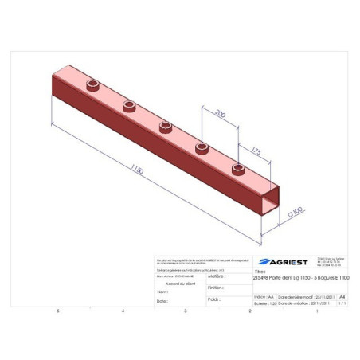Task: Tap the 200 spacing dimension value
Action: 221,115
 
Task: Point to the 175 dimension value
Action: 256,150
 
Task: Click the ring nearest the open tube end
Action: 237,168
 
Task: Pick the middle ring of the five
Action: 166,126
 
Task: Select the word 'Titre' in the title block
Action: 259,271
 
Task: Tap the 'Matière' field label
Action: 214,276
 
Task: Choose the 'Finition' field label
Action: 215,288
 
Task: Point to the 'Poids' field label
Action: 213,299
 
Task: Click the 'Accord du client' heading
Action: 179,283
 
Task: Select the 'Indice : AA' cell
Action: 260,295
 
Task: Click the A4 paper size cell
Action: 342,295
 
